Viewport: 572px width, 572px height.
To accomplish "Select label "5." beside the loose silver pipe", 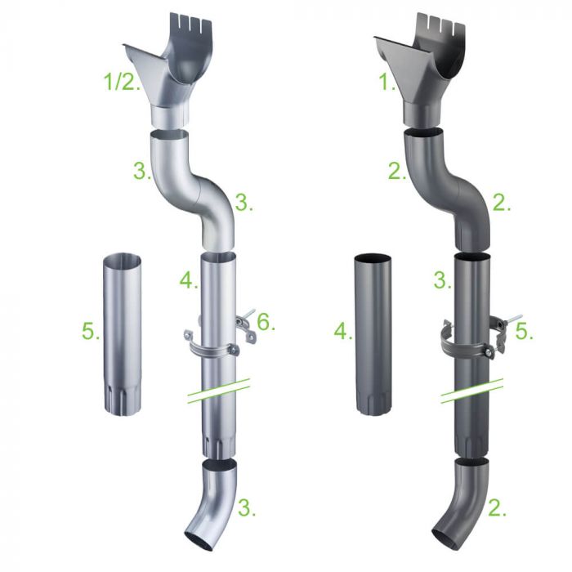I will tap(91, 332).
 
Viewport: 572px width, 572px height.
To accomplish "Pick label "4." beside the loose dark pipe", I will tap(342, 332).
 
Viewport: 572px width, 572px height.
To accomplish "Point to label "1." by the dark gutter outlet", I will tap(387, 82).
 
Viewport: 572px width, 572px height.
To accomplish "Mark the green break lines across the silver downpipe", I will tap(217, 391).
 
